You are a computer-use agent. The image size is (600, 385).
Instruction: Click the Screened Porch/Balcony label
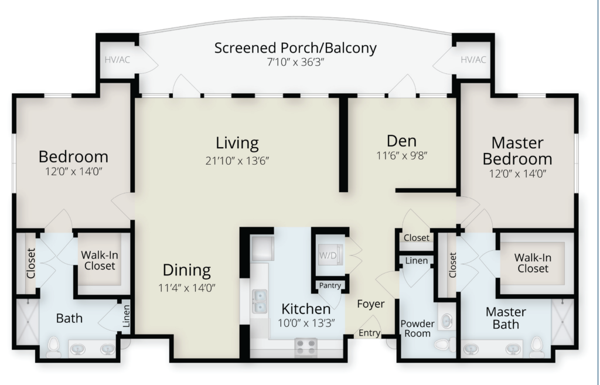tap(295, 48)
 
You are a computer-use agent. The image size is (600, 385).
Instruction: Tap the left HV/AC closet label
tap(117, 60)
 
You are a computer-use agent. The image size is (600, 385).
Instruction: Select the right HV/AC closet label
tap(473, 60)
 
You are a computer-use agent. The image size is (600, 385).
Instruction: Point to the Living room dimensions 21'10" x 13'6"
tap(237, 161)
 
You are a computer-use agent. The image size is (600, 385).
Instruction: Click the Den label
tap(401, 141)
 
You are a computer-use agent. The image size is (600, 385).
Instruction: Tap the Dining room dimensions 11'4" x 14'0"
tap(187, 287)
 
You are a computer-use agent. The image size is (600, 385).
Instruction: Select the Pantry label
tap(330, 285)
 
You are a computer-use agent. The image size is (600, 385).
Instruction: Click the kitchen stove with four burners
tap(306, 347)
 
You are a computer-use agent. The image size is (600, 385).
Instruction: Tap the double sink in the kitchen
tap(260, 301)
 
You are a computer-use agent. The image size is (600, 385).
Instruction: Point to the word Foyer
tap(371, 304)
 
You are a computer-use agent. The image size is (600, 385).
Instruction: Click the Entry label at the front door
tap(369, 333)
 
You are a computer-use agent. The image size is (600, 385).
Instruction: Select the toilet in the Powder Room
tap(445, 345)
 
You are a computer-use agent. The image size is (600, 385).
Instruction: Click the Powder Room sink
tap(446, 321)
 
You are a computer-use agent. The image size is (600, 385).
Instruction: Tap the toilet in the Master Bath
tap(537, 346)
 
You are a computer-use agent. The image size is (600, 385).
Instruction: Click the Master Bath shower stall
tap(562, 322)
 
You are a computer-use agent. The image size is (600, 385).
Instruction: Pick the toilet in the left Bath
tap(53, 347)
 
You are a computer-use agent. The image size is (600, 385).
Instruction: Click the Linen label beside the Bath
tap(126, 316)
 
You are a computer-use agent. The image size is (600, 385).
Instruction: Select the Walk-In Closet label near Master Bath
tap(533, 263)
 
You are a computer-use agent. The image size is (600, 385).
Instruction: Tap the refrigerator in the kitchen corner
tap(262, 248)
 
